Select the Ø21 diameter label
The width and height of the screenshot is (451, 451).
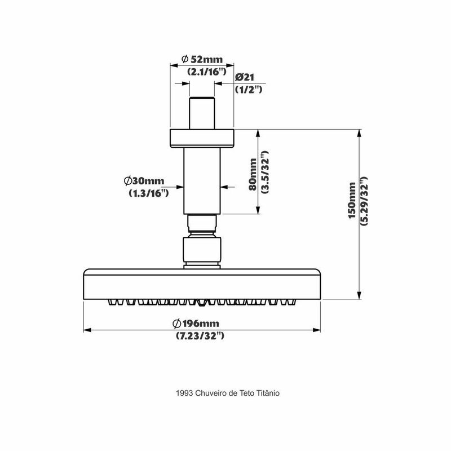tap(246, 77)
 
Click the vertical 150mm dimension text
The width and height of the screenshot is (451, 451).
tap(352, 201)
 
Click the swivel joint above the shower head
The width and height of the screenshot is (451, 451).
tap(202, 251)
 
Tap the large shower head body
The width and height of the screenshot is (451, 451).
tap(202, 284)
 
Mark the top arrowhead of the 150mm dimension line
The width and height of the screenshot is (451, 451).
tap(359, 134)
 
